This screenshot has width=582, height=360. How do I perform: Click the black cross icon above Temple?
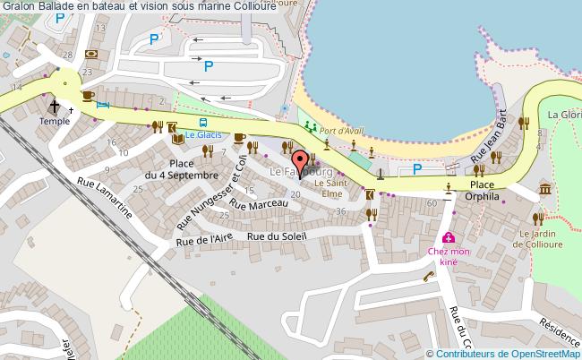55,104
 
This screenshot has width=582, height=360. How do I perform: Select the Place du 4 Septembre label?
193,169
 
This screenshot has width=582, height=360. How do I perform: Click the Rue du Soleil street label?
278,236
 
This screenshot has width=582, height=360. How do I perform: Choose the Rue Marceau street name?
259,204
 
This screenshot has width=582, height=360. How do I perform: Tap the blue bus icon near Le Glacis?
204,123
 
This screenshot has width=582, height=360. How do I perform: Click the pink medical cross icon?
448,238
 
